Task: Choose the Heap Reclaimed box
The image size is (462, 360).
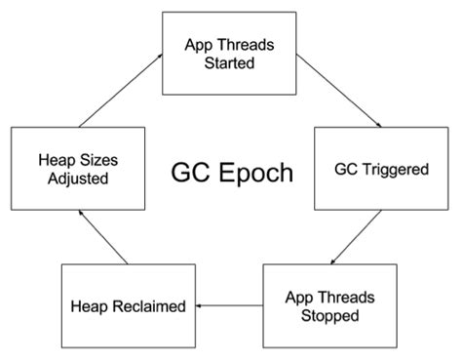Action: [128, 306]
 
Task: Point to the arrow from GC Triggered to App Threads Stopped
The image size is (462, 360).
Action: [356, 236]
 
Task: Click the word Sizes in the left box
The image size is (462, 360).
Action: [90, 159]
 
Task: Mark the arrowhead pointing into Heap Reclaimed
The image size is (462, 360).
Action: [198, 306]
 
